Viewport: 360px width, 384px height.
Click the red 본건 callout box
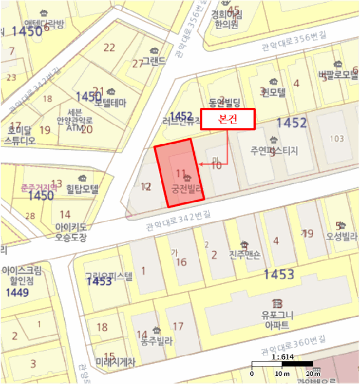tap(227, 120)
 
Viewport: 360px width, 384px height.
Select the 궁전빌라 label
tap(188, 189)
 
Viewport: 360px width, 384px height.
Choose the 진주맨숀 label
tap(244, 255)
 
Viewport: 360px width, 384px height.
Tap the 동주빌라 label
tap(156, 341)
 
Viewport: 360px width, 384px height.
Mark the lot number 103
tap(336, 139)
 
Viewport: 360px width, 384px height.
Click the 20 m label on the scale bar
tap(313, 374)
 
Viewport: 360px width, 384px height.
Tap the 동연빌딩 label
tap(225, 103)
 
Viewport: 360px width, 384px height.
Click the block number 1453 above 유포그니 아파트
tap(279, 274)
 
